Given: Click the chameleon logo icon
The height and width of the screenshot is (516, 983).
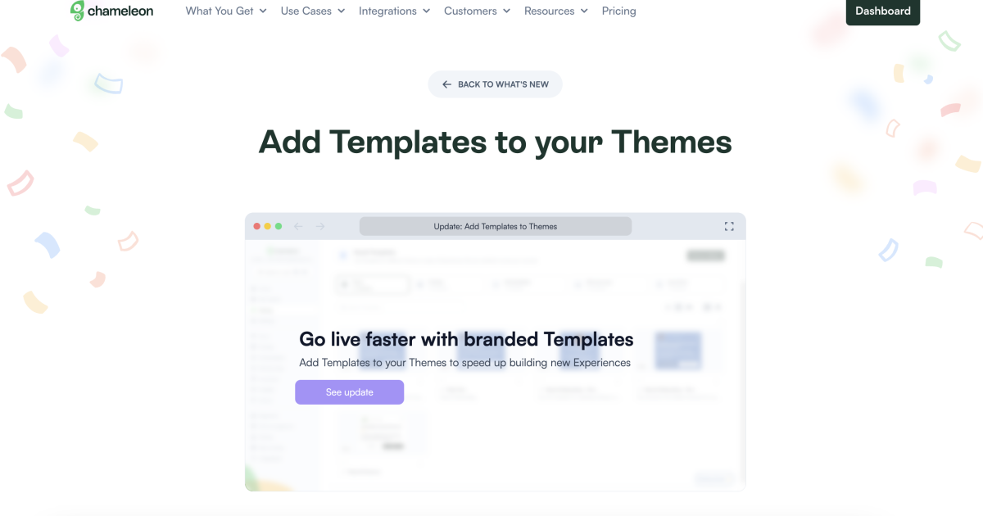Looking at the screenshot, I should pyautogui.click(x=78, y=11).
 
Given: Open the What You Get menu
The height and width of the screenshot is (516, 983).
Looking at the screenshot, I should pyautogui.click(x=225, y=11).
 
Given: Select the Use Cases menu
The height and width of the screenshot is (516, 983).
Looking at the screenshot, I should pyautogui.click(x=312, y=11).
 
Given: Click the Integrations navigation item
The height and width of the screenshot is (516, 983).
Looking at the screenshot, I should pyautogui.click(x=394, y=11).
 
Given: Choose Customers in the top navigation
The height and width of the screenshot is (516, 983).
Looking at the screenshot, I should pyautogui.click(x=477, y=11).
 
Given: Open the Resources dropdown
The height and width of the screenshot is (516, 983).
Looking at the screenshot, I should pyautogui.click(x=555, y=11).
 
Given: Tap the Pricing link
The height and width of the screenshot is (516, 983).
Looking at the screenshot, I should pyautogui.click(x=618, y=11).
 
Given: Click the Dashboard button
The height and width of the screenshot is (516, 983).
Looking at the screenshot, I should pyautogui.click(x=882, y=11).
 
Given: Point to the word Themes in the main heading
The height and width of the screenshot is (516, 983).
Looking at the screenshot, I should pyautogui.click(x=671, y=142).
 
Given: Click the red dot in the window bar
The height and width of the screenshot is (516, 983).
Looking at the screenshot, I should pyautogui.click(x=257, y=226).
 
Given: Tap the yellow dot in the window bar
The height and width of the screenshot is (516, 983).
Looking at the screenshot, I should pyautogui.click(x=268, y=226).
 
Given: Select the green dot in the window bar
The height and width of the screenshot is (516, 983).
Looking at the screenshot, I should pyautogui.click(x=279, y=226).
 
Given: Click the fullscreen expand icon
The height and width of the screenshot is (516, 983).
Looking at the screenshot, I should pyautogui.click(x=729, y=226).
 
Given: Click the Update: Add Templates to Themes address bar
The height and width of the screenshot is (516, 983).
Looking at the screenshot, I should pyautogui.click(x=495, y=226).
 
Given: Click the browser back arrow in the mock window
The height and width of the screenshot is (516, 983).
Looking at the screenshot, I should pyautogui.click(x=299, y=226).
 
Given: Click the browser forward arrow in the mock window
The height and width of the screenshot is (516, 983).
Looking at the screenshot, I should pyautogui.click(x=320, y=226).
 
